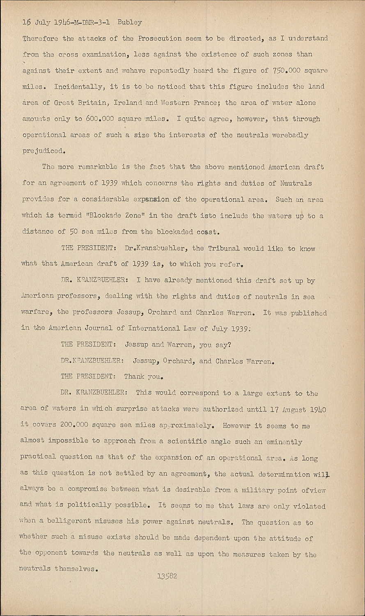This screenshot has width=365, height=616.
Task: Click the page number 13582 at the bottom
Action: pos(167,576)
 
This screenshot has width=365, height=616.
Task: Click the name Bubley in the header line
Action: pos(130,23)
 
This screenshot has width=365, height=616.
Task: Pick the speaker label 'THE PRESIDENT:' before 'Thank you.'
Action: pos(87,376)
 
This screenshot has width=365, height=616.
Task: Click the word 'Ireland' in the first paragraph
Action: pos(129,103)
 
